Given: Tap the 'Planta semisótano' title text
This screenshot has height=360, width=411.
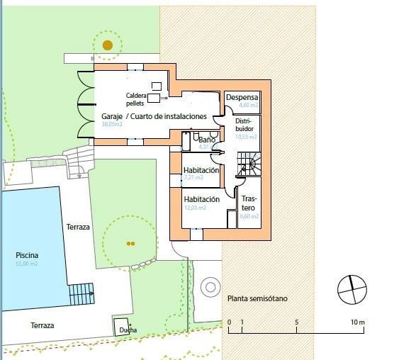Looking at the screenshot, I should click(257, 299).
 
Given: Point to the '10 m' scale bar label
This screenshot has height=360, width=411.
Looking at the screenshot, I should click(357, 323).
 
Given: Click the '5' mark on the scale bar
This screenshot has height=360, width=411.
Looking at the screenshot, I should click(297, 323).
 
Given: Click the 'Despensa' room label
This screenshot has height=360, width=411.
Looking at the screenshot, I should click(242, 98).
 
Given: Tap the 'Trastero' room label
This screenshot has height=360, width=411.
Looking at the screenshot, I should click(249, 203).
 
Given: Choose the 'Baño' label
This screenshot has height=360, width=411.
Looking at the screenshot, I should click(206, 140).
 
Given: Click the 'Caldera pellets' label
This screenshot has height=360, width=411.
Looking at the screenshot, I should click(136, 99).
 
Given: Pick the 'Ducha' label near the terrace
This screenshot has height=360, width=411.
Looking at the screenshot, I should click(128, 330).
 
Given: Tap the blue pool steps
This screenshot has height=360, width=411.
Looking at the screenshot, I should click(81, 292).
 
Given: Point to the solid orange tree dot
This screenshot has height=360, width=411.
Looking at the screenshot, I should click(107, 45).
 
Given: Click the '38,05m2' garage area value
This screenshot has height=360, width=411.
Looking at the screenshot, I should click(112, 124).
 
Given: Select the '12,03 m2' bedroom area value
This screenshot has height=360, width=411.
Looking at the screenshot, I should click(195, 208).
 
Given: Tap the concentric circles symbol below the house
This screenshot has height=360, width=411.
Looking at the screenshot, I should click(210, 287).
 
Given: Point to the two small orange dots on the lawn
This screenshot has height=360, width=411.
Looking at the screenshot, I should click(129, 243).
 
